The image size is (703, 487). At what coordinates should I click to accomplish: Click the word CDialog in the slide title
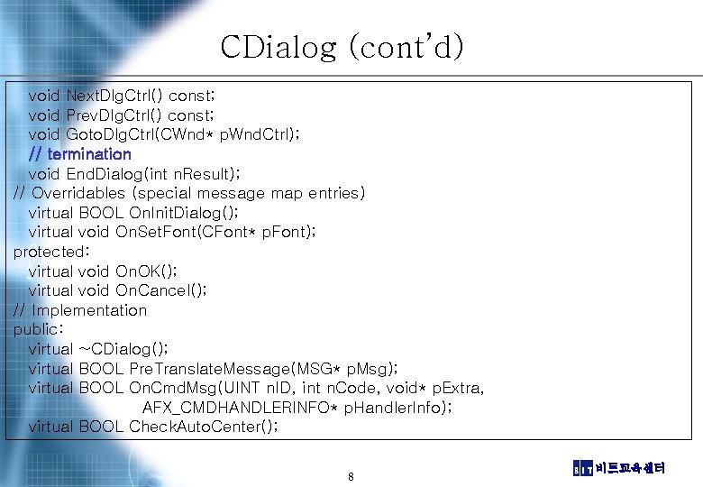[x=278, y=47]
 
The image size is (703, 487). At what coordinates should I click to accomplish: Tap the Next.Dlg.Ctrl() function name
[x=114, y=96]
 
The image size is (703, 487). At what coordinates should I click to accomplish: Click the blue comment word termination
[x=89, y=154]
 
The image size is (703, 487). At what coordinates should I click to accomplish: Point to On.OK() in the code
[x=147, y=271]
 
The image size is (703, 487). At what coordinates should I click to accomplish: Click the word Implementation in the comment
[x=89, y=310]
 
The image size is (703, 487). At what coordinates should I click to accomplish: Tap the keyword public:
[x=37, y=329]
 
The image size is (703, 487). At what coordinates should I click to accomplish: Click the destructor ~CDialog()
[x=123, y=349]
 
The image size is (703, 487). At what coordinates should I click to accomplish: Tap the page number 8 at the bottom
[x=351, y=476]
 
